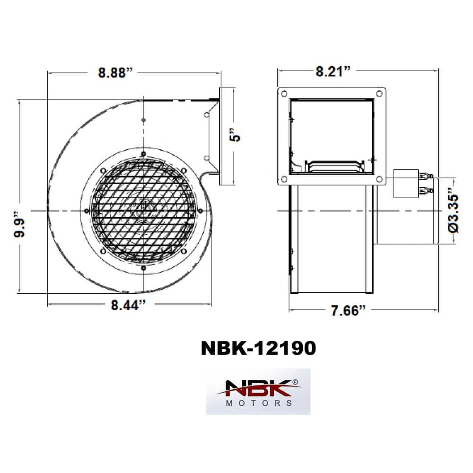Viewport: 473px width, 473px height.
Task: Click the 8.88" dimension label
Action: coord(114,73)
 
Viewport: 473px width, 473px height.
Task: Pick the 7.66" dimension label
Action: coord(348,311)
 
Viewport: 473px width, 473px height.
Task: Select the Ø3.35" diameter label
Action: coord(453,212)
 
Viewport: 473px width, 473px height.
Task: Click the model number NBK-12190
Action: coord(258,348)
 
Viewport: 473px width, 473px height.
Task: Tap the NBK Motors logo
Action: coord(258,392)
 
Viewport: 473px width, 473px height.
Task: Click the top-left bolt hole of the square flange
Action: coord(284,93)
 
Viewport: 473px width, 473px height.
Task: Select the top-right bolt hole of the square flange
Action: coord(379,93)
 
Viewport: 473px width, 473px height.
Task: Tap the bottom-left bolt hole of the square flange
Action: coord(284,179)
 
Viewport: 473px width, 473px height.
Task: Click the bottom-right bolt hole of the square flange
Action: coord(379,179)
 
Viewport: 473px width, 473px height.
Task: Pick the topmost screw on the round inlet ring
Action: coord(143,153)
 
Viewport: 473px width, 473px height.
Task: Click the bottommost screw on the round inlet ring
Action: coord(143,268)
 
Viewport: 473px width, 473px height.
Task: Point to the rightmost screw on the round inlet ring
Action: coord(201,210)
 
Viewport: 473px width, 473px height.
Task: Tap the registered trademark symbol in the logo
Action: coord(296,382)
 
